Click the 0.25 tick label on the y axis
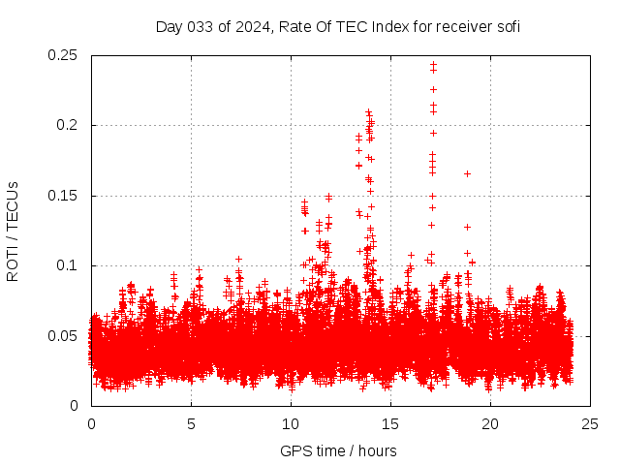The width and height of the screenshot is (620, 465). click(x=63, y=55)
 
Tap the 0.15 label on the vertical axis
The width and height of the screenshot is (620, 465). click(x=63, y=196)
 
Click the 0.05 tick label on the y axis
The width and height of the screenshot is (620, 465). click(x=63, y=335)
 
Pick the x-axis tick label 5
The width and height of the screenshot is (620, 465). click(x=191, y=424)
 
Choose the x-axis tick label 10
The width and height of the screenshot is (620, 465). click(x=291, y=424)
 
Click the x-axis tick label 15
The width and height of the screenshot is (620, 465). click(x=390, y=424)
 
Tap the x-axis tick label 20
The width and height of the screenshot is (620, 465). click(x=490, y=424)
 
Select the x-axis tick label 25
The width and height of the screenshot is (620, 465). click(x=590, y=424)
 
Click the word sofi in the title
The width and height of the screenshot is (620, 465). click(x=509, y=26)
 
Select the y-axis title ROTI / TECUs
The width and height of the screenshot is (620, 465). click(x=13, y=232)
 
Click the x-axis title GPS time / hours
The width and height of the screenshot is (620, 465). click(x=338, y=450)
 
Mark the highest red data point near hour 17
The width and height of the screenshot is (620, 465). click(x=433, y=64)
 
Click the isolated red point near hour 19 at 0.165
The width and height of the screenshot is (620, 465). click(x=467, y=173)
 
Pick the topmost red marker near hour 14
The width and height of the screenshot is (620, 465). click(x=368, y=112)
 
